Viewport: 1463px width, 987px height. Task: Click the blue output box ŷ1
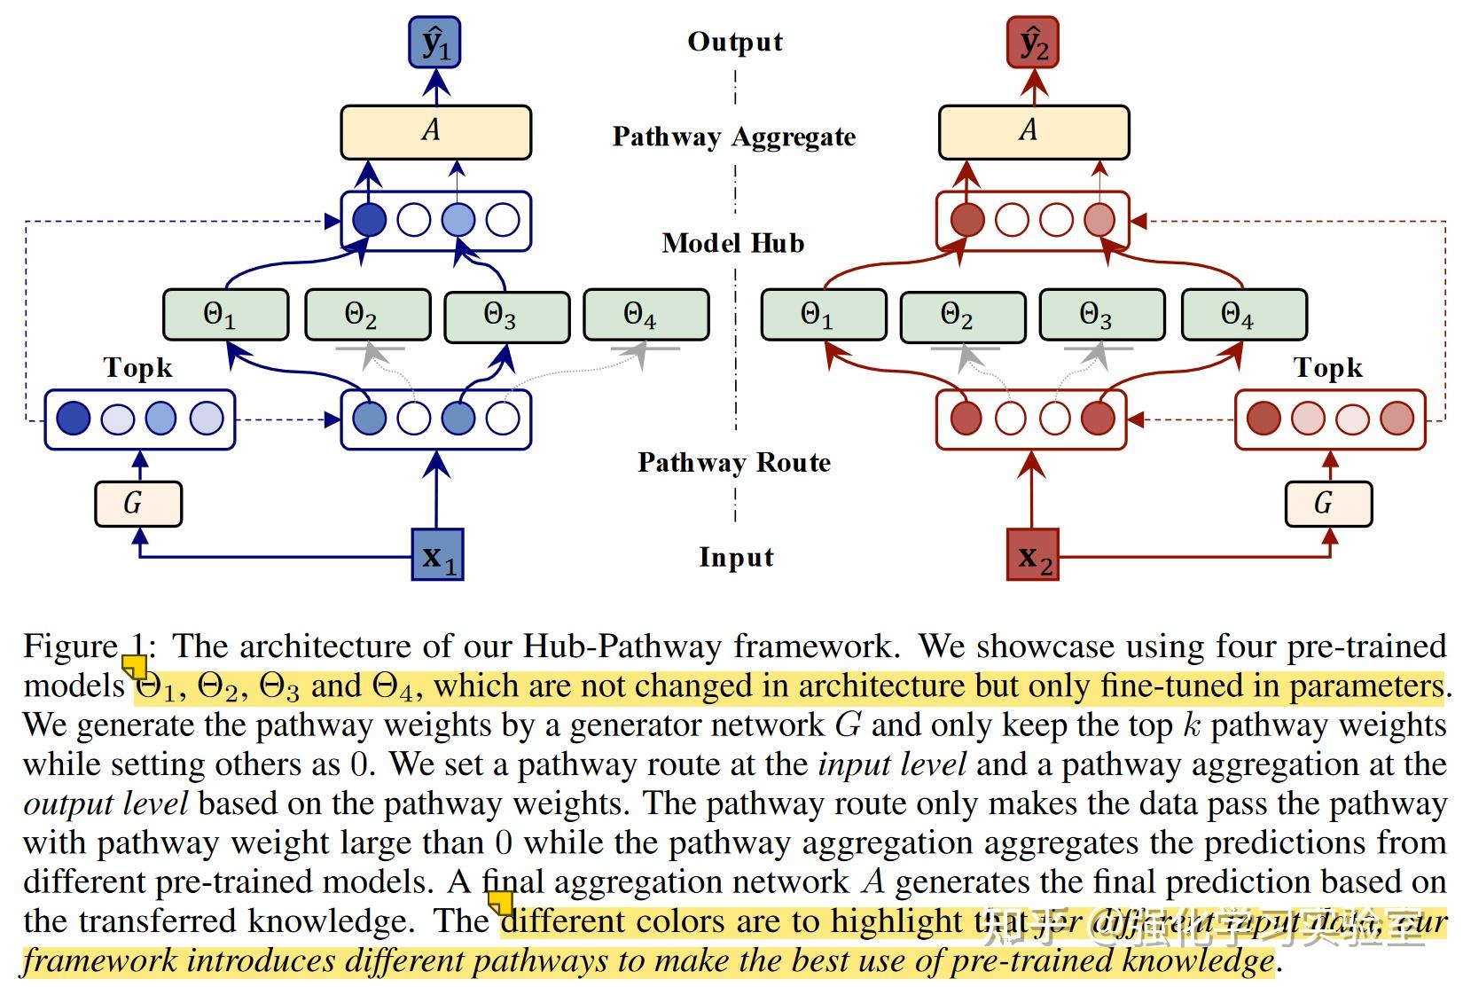coord(434,43)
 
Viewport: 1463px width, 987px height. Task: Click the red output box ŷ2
coord(1033,43)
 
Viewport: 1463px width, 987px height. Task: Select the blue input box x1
coord(438,555)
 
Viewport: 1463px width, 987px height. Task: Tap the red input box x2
coord(1033,555)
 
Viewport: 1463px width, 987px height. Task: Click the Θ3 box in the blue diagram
coord(506,316)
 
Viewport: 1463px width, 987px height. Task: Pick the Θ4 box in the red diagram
coord(1244,315)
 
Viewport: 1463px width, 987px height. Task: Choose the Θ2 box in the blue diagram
coord(367,316)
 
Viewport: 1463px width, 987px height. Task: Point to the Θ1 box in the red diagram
coord(824,315)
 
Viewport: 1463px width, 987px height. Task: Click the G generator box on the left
coord(138,504)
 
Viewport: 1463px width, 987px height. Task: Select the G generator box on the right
coord(1328,504)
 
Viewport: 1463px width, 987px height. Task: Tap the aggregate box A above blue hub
coord(435,132)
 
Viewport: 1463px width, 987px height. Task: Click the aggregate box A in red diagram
coord(1034,132)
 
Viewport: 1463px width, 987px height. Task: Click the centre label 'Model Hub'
coord(733,243)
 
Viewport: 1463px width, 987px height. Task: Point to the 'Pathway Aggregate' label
coord(734,137)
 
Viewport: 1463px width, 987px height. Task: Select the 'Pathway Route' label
coord(734,462)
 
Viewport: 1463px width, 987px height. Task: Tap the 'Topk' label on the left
coord(137,368)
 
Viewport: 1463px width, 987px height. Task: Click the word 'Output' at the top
coord(735,42)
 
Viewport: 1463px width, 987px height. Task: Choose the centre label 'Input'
coord(736,557)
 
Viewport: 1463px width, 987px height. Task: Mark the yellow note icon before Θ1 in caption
coord(135,667)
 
